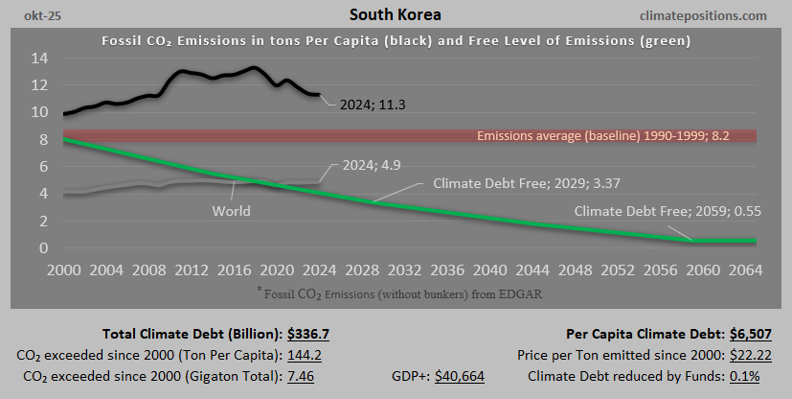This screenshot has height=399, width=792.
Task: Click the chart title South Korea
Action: pos(396,15)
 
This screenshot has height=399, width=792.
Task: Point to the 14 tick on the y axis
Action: pos(38,58)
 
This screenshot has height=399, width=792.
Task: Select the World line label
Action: pos(231,210)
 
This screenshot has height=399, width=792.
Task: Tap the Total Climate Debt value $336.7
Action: pos(311,335)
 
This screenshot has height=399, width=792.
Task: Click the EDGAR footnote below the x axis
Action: pos(396,291)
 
